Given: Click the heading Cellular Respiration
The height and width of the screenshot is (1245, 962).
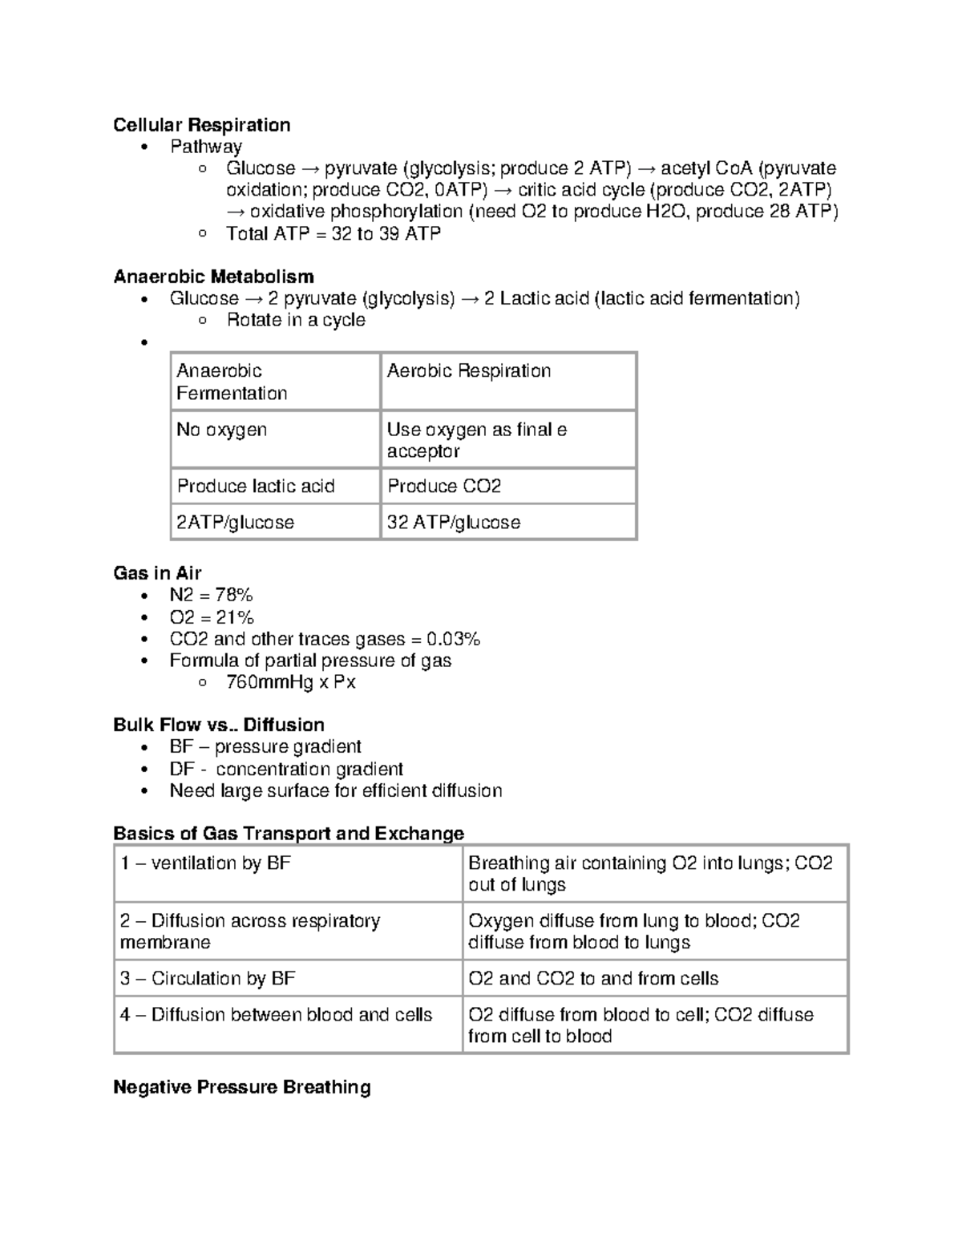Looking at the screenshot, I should [201, 125].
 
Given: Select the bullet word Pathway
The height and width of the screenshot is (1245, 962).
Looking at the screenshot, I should [205, 147].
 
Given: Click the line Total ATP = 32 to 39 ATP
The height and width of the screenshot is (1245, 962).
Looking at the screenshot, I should [333, 233].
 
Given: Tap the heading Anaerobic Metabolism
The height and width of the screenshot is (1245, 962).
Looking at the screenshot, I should [213, 277].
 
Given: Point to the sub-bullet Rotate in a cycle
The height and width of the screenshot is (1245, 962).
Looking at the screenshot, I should [295, 320].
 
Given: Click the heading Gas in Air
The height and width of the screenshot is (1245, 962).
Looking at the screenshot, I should [157, 573].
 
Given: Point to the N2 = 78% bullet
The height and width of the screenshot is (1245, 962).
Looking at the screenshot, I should [211, 595].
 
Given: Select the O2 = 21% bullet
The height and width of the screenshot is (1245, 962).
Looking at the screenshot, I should [212, 617].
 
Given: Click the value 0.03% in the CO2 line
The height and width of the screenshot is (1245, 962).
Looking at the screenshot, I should [453, 639].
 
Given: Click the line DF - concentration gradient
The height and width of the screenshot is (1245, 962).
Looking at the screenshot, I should [286, 769].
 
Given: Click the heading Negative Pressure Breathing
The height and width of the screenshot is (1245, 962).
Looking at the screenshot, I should [241, 1087].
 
